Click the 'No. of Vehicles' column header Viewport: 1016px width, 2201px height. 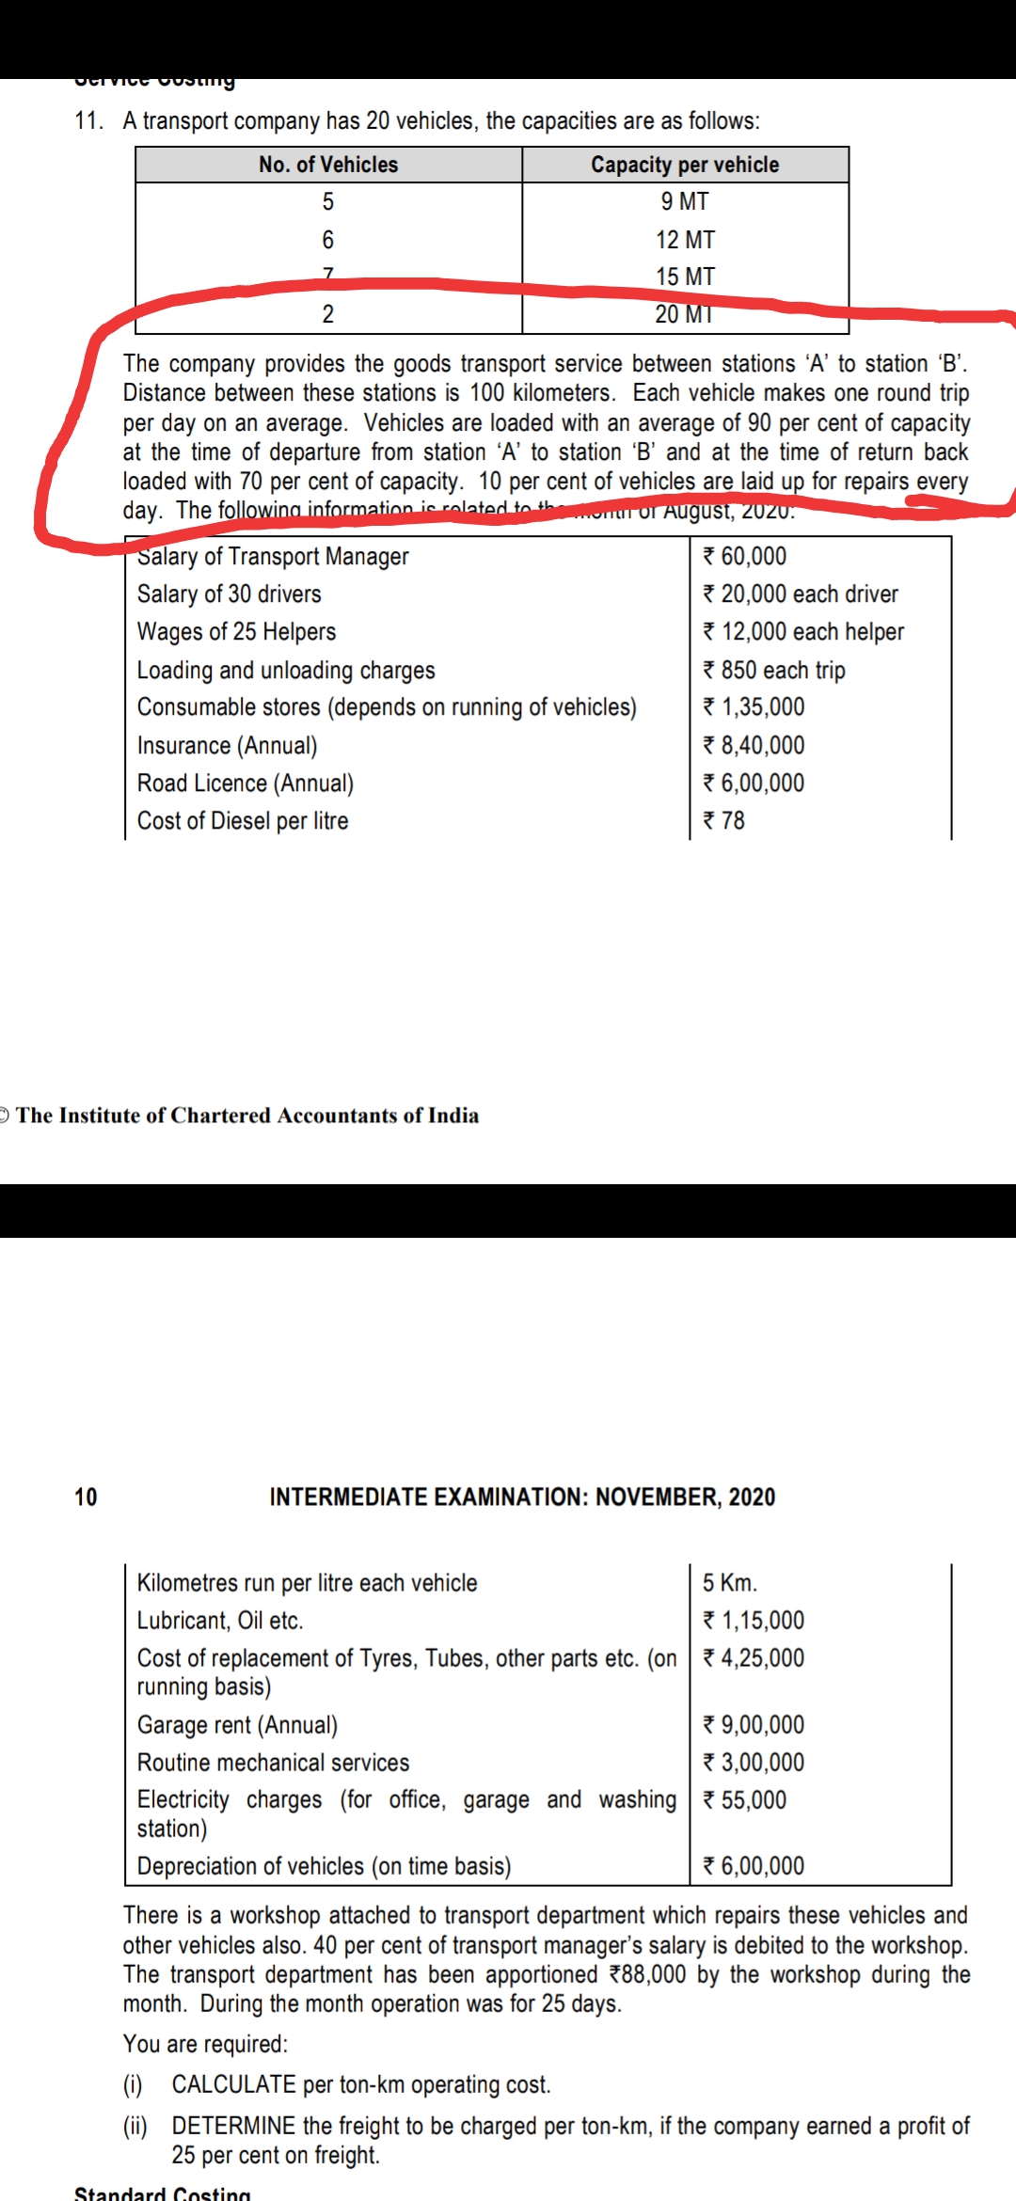point(328,165)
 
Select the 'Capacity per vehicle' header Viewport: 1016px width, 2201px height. point(685,165)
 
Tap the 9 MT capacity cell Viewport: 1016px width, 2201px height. point(685,201)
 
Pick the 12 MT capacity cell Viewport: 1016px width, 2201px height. point(685,240)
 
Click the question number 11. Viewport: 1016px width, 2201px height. point(88,121)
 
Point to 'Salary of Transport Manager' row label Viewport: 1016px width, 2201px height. point(273,557)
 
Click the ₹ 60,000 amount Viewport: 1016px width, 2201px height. point(744,557)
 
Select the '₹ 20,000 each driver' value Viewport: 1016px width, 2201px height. point(801,594)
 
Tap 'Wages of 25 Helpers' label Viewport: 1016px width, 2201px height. point(236,632)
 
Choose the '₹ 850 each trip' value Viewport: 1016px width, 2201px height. point(774,670)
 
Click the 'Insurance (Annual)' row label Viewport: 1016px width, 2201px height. point(227,746)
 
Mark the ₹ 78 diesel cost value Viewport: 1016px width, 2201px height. point(724,821)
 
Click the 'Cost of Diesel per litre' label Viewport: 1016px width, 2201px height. point(243,821)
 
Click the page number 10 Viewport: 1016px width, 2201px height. point(86,1497)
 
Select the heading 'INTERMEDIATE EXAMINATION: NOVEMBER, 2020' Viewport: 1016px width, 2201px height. point(522,1497)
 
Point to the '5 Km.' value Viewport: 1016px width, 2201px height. point(730,1583)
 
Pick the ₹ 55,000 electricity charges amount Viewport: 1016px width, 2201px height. point(744,1800)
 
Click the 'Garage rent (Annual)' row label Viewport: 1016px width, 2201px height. point(237,1725)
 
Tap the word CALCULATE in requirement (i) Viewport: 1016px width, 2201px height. point(233,2084)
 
